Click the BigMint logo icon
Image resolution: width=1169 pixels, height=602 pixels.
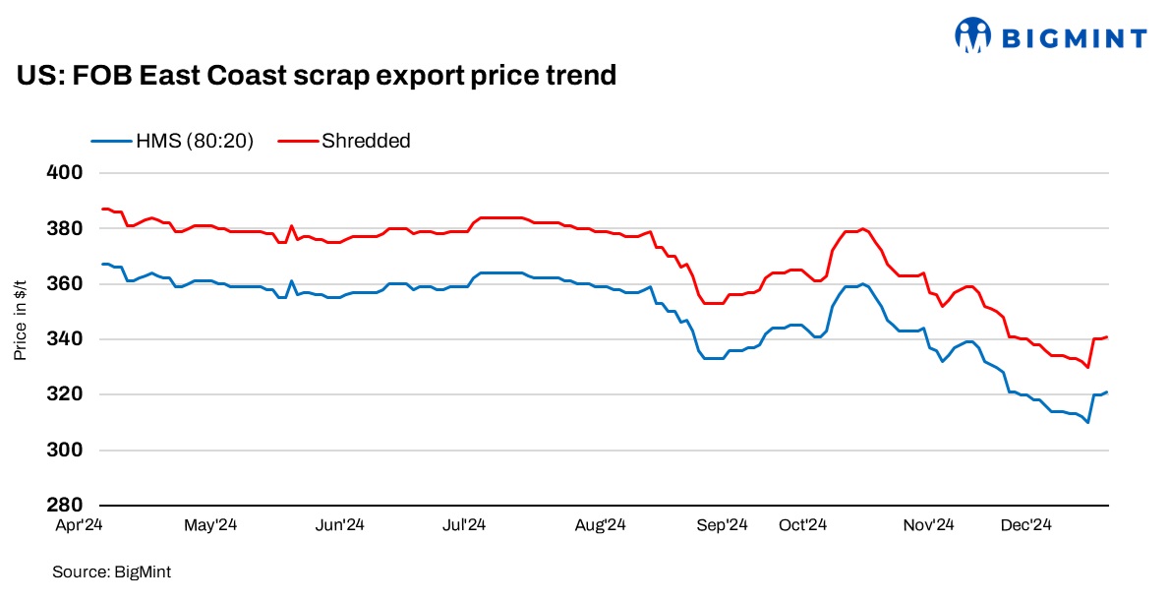click(972, 35)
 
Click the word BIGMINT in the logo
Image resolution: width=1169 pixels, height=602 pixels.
click(1074, 38)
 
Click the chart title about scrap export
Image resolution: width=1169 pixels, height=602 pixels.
click(316, 75)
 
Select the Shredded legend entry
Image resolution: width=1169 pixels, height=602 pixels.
click(344, 141)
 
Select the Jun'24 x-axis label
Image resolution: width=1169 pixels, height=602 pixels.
click(341, 525)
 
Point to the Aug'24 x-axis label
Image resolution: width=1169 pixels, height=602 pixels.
click(602, 525)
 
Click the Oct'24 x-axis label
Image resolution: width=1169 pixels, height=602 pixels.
click(803, 525)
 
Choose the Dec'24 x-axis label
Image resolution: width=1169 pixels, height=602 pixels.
click(1027, 525)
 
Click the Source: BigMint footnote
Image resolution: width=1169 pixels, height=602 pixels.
click(105, 571)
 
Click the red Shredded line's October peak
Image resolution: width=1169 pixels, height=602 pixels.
click(862, 229)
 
